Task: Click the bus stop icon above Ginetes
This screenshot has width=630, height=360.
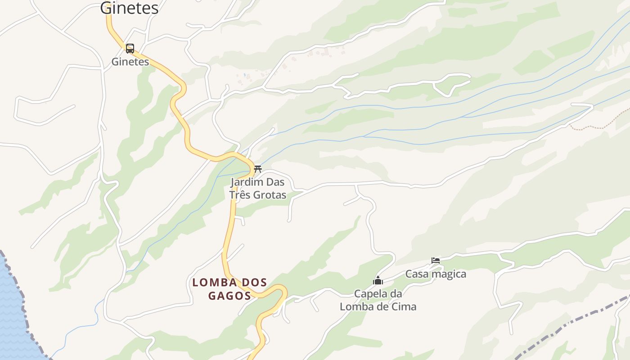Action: pos(130,49)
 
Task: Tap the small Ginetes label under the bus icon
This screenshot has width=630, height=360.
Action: pos(130,62)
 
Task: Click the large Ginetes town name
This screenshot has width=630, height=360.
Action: pos(129,8)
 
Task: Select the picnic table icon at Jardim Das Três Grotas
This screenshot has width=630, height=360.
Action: pos(258,169)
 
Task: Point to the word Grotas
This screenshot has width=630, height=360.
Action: pos(270,195)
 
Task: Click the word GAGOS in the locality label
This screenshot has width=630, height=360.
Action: pos(229,296)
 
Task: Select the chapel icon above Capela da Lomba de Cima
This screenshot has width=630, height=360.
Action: pos(378,281)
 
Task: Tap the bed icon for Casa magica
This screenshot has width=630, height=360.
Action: pos(435,261)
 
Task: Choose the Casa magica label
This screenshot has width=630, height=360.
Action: pos(436,274)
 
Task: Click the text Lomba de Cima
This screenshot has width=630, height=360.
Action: pos(378,307)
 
